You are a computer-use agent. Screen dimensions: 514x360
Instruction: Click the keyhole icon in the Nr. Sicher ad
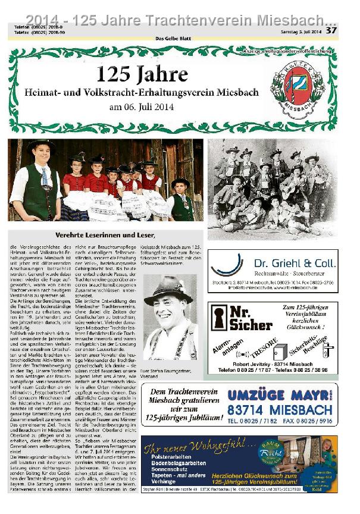coord(220,318)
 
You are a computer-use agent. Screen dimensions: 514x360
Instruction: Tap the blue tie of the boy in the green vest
coord(45,175)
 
